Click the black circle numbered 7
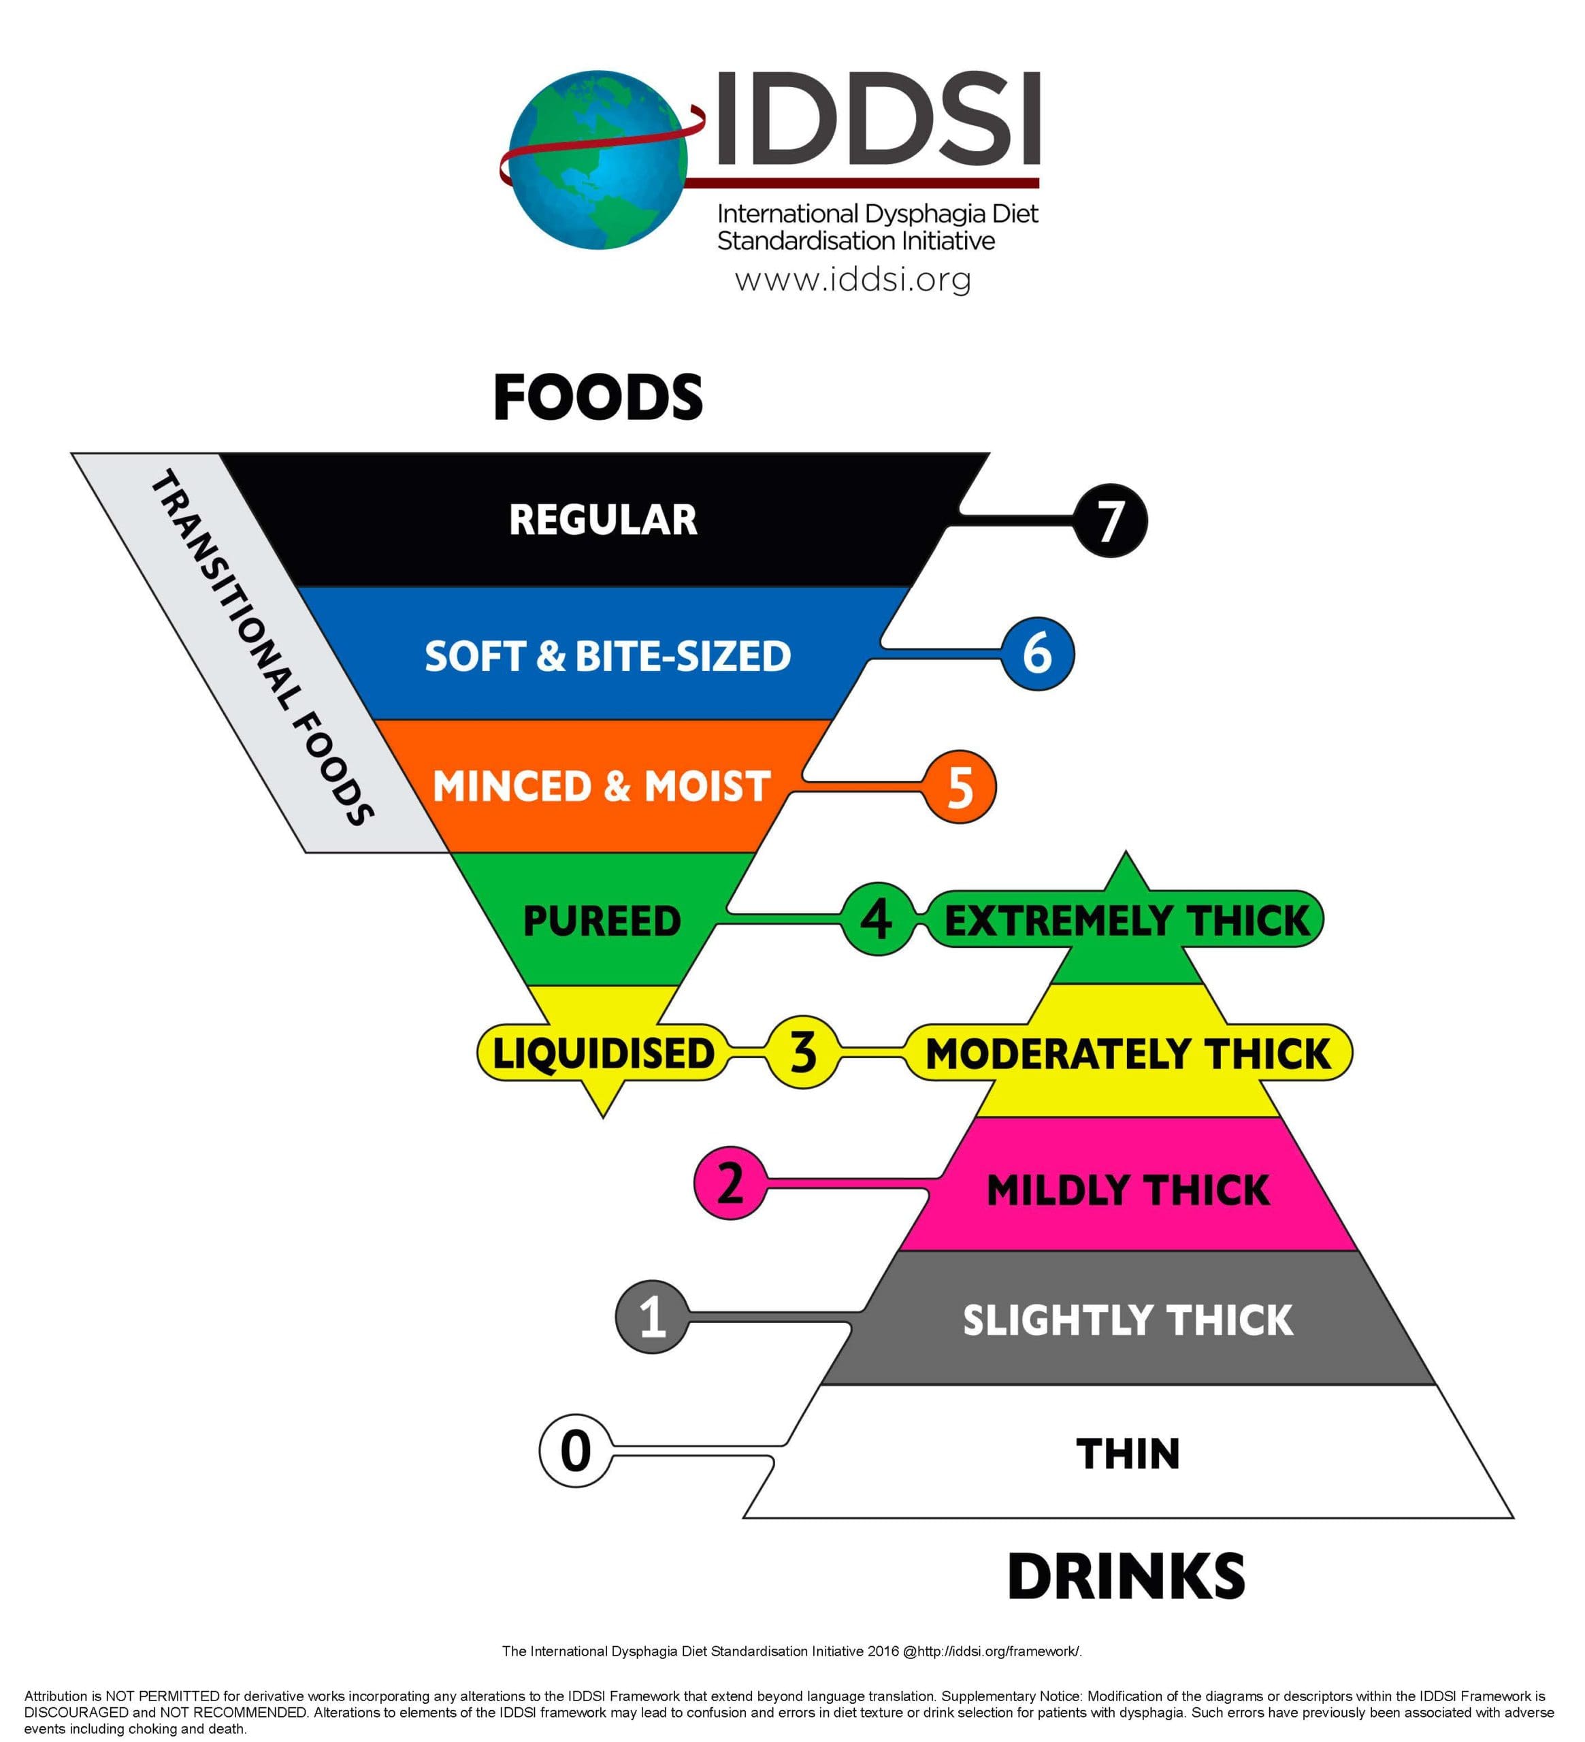1110,520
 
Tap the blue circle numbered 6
1037,653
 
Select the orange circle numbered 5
960,787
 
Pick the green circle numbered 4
877,919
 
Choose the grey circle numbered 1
653,1317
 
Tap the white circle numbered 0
576,1451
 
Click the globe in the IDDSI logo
598,161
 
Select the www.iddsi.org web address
853,279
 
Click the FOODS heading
598,397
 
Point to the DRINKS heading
1126,1577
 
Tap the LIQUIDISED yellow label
603,1053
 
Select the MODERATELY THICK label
1128,1053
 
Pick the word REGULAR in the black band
603,520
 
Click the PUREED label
602,920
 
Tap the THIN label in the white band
1128,1453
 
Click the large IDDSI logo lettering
877,118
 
